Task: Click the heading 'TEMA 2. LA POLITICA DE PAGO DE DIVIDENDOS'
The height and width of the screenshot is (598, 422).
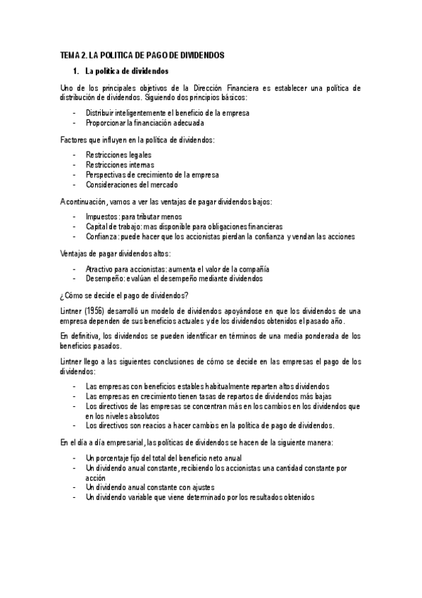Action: tap(152, 55)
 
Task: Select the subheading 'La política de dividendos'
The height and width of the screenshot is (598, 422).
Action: tap(127, 71)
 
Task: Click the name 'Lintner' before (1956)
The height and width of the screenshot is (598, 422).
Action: tap(73, 311)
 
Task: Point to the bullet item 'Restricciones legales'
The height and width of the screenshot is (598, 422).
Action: tap(118, 154)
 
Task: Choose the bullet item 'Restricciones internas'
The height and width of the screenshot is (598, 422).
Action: tap(120, 164)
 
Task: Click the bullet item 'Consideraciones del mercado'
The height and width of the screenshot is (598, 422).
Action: tap(132, 184)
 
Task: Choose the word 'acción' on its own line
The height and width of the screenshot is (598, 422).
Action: tap(95, 477)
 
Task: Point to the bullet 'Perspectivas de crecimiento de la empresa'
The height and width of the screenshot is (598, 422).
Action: tap(152, 174)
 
